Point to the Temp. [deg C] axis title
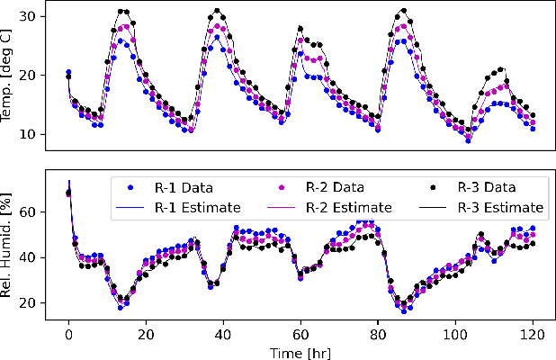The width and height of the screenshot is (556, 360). click(x=10, y=76)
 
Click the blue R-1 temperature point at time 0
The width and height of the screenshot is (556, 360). click(x=68, y=72)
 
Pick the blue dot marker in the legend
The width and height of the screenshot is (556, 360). click(x=131, y=189)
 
